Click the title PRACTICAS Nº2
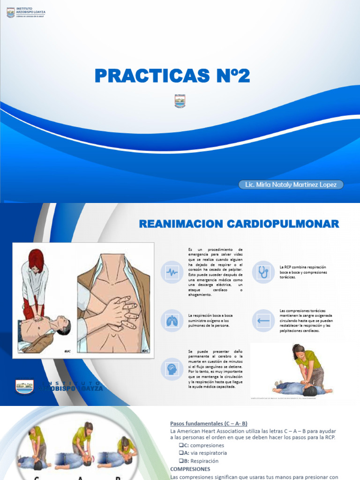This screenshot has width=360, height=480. (x=172, y=75)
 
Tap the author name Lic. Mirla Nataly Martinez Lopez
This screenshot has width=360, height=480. (x=291, y=185)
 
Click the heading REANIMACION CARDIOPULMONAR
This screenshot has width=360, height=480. (x=239, y=224)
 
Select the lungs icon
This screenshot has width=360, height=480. (x=172, y=321)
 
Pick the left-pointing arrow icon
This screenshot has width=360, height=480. (x=263, y=321)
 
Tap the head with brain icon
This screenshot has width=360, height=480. (x=172, y=369)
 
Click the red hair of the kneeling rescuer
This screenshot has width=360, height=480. (x=36, y=258)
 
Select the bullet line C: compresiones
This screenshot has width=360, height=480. (x=202, y=445)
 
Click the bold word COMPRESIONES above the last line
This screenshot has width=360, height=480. (x=190, y=469)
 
